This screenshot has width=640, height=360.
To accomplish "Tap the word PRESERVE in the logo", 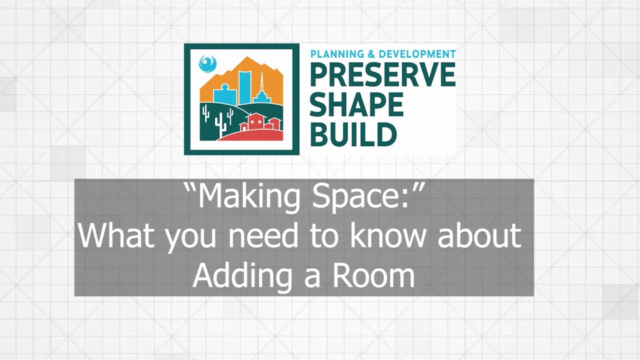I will tap(382, 74).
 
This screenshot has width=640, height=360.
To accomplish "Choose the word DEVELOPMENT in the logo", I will tap(417, 53).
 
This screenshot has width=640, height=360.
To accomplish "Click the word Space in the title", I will tap(363, 197).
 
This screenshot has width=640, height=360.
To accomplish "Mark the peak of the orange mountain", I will tap(246, 57).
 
